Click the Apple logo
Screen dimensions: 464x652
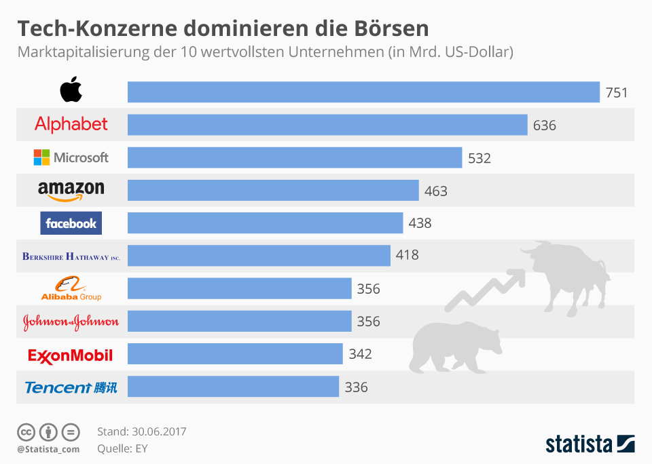click(x=71, y=90)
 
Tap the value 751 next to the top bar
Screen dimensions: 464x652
click(x=617, y=93)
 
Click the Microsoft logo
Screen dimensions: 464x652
click(x=71, y=157)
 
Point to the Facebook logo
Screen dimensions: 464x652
click(x=71, y=223)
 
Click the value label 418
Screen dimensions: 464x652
click(x=407, y=255)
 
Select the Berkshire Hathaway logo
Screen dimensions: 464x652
click(x=71, y=256)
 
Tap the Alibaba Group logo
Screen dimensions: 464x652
click(x=71, y=289)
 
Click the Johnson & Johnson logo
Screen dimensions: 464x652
click(x=71, y=322)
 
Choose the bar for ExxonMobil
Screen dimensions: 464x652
click(x=235, y=354)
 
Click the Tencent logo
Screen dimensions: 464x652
click(x=71, y=387)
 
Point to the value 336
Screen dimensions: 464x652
click(x=356, y=387)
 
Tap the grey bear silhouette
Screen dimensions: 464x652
click(x=448, y=346)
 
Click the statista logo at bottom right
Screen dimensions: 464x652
click(x=590, y=444)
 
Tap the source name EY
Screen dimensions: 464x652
click(x=141, y=448)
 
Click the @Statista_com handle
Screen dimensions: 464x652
click(x=48, y=449)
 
